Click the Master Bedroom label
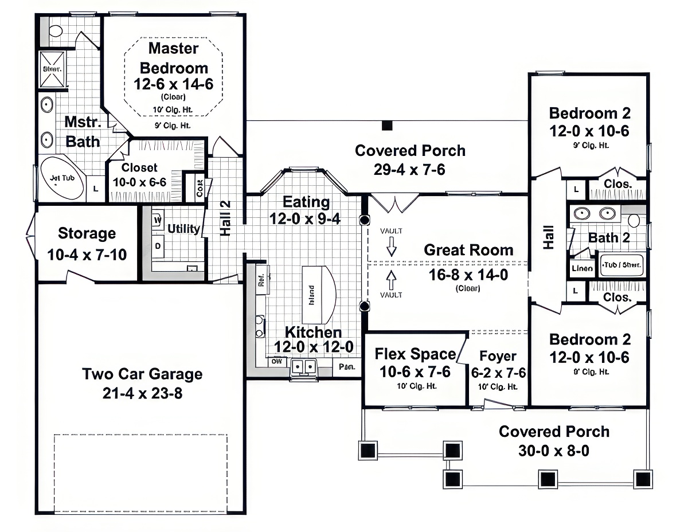174,57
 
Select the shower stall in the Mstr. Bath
52,69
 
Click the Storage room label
87,233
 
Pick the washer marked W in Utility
157,219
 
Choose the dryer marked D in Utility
157,245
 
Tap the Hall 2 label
225,218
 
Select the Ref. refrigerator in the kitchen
262,279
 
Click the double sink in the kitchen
303,366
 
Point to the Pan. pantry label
347,366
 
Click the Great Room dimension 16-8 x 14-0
468,275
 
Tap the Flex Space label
415,354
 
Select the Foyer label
498,356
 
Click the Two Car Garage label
142,374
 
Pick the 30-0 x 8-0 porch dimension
553,451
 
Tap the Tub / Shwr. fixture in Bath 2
621,266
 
